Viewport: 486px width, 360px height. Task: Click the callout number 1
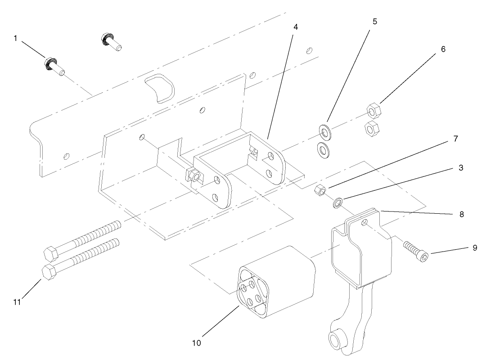[15, 39]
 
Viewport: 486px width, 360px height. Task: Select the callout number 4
[295, 27]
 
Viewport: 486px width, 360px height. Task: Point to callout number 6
[443, 49]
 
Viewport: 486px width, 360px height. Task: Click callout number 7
[455, 139]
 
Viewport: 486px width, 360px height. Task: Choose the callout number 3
[461, 167]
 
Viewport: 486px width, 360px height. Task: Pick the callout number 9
[475, 247]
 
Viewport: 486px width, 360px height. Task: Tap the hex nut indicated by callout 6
[373, 110]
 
